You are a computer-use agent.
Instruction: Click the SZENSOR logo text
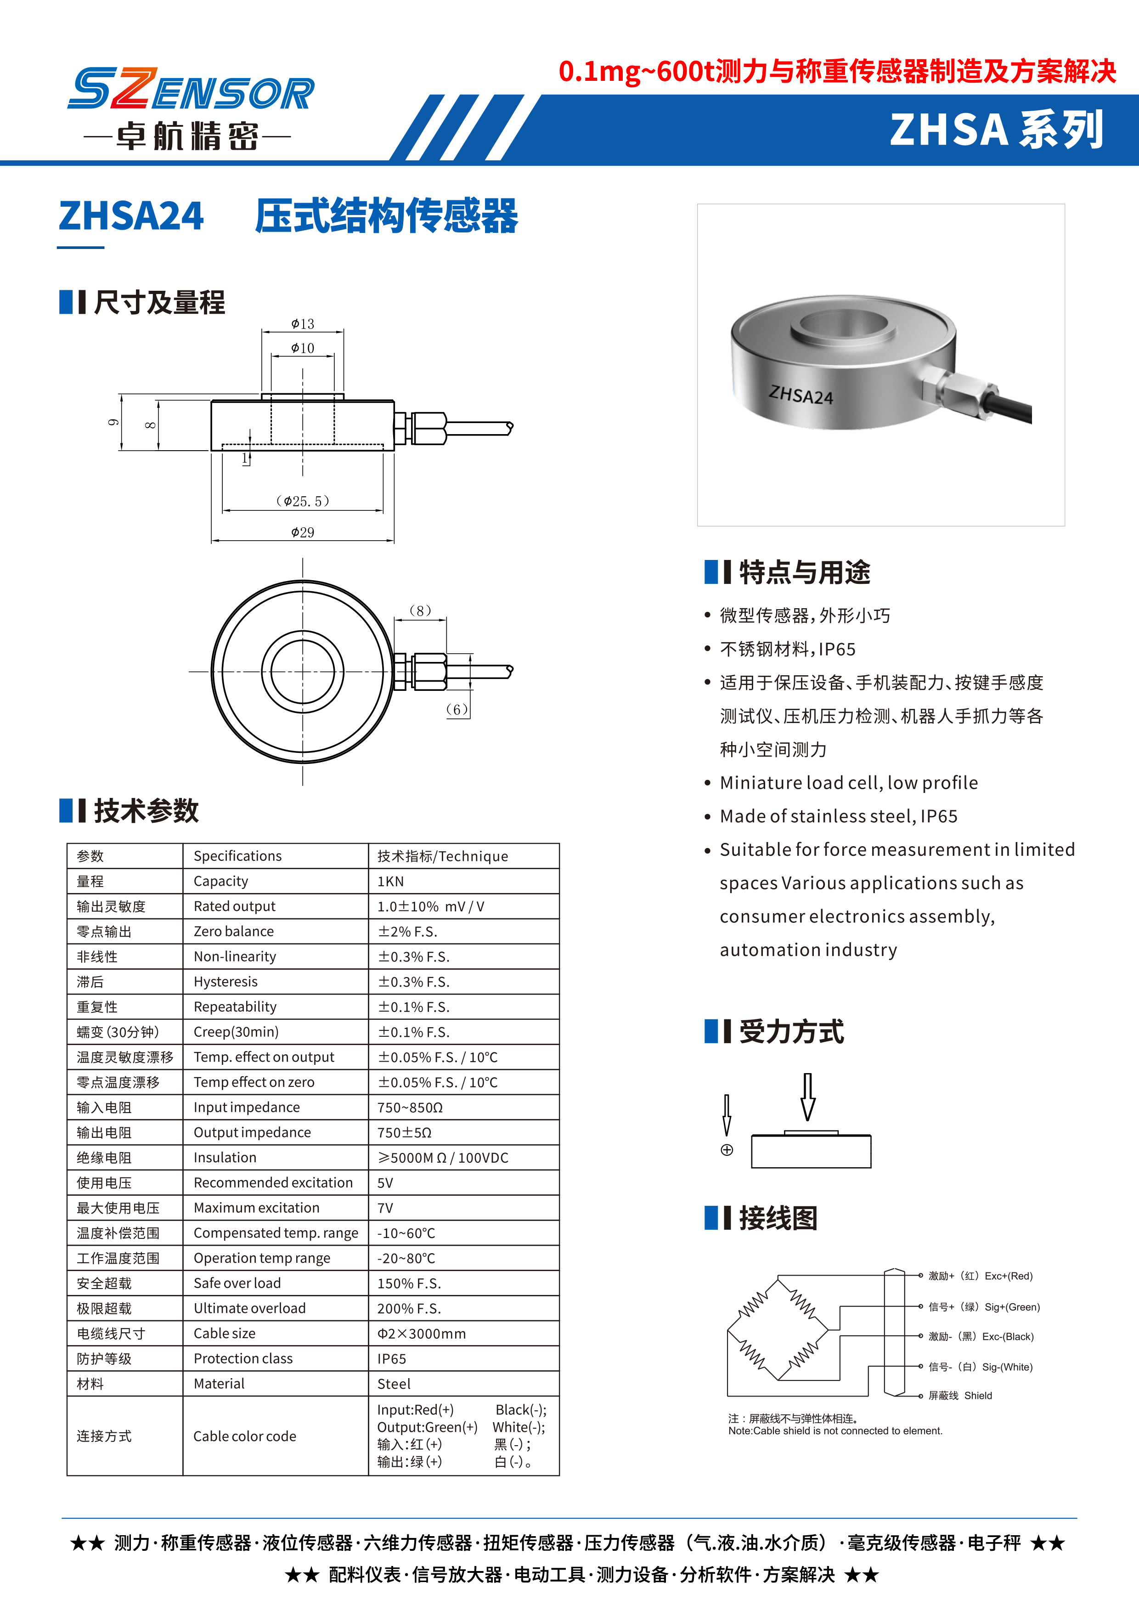(x=191, y=90)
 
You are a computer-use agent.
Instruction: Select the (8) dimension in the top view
(x=420, y=610)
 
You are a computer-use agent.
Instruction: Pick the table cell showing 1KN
(x=391, y=881)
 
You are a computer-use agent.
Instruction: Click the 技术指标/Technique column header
(x=443, y=856)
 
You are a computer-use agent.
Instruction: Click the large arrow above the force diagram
(x=808, y=1097)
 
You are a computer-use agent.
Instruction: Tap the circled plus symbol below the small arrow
(x=727, y=1150)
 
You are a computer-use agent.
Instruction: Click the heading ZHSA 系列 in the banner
(x=996, y=130)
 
